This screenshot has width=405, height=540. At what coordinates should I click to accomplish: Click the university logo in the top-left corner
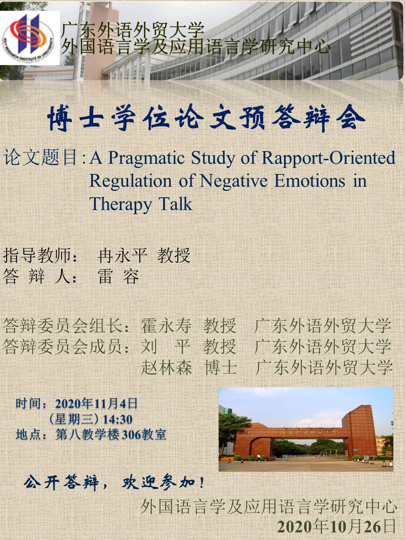coord(30,38)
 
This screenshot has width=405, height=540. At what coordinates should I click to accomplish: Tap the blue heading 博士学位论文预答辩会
coord(207,119)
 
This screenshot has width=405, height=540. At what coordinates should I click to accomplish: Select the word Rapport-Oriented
coord(329,157)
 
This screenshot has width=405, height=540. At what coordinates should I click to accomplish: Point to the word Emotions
coord(310,181)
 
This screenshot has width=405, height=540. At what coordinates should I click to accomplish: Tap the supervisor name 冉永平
coord(123,256)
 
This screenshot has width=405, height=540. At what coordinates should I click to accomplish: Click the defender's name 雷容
coord(118,277)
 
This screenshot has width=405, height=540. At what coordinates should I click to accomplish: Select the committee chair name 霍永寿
coord(166,326)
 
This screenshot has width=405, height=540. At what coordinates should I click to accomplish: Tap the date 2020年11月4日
coord(96,404)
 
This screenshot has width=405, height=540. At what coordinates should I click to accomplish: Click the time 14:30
coord(118,419)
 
